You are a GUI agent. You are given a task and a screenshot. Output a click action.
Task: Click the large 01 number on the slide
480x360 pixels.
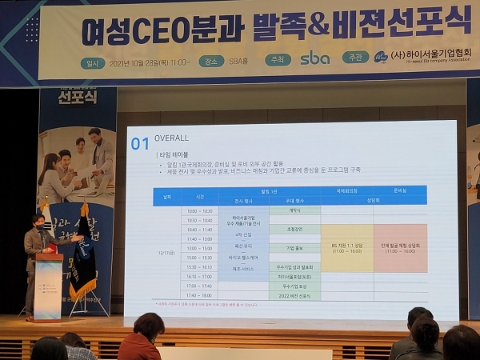[140, 143]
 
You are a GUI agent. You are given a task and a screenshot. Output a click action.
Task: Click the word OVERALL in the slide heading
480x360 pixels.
[171, 138]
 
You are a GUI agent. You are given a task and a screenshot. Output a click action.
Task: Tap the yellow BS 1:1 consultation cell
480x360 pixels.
[346, 249]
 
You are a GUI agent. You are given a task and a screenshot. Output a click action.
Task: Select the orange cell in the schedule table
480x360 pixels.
[400, 249]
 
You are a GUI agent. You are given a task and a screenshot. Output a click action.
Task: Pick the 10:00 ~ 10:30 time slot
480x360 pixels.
[199, 210]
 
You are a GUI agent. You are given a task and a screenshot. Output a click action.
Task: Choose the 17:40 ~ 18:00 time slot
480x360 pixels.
[199, 294]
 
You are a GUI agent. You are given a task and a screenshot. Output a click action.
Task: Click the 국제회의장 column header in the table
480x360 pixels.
[346, 191]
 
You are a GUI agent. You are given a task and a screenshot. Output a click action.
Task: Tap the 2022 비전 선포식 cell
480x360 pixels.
[294, 295]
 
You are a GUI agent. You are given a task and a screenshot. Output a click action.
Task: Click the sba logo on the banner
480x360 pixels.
[314, 58]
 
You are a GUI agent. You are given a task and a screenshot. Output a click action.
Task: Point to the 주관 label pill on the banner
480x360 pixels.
[355, 58]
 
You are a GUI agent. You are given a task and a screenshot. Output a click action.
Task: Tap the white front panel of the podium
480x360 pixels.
[48, 286]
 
